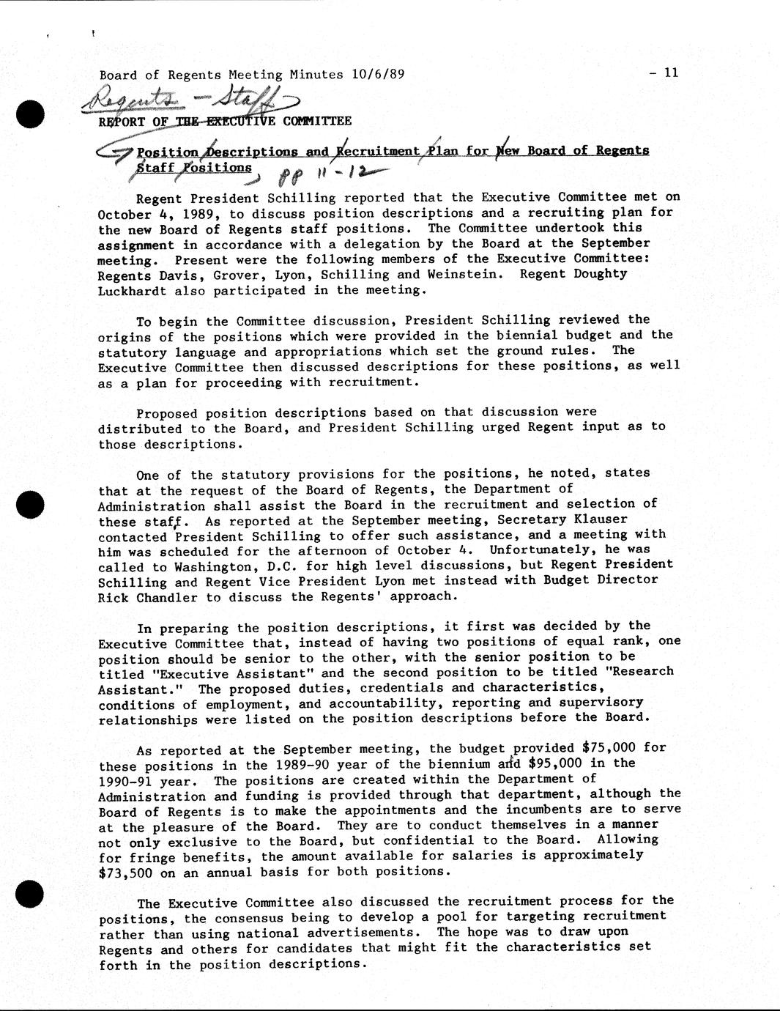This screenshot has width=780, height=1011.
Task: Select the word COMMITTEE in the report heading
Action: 317,121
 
